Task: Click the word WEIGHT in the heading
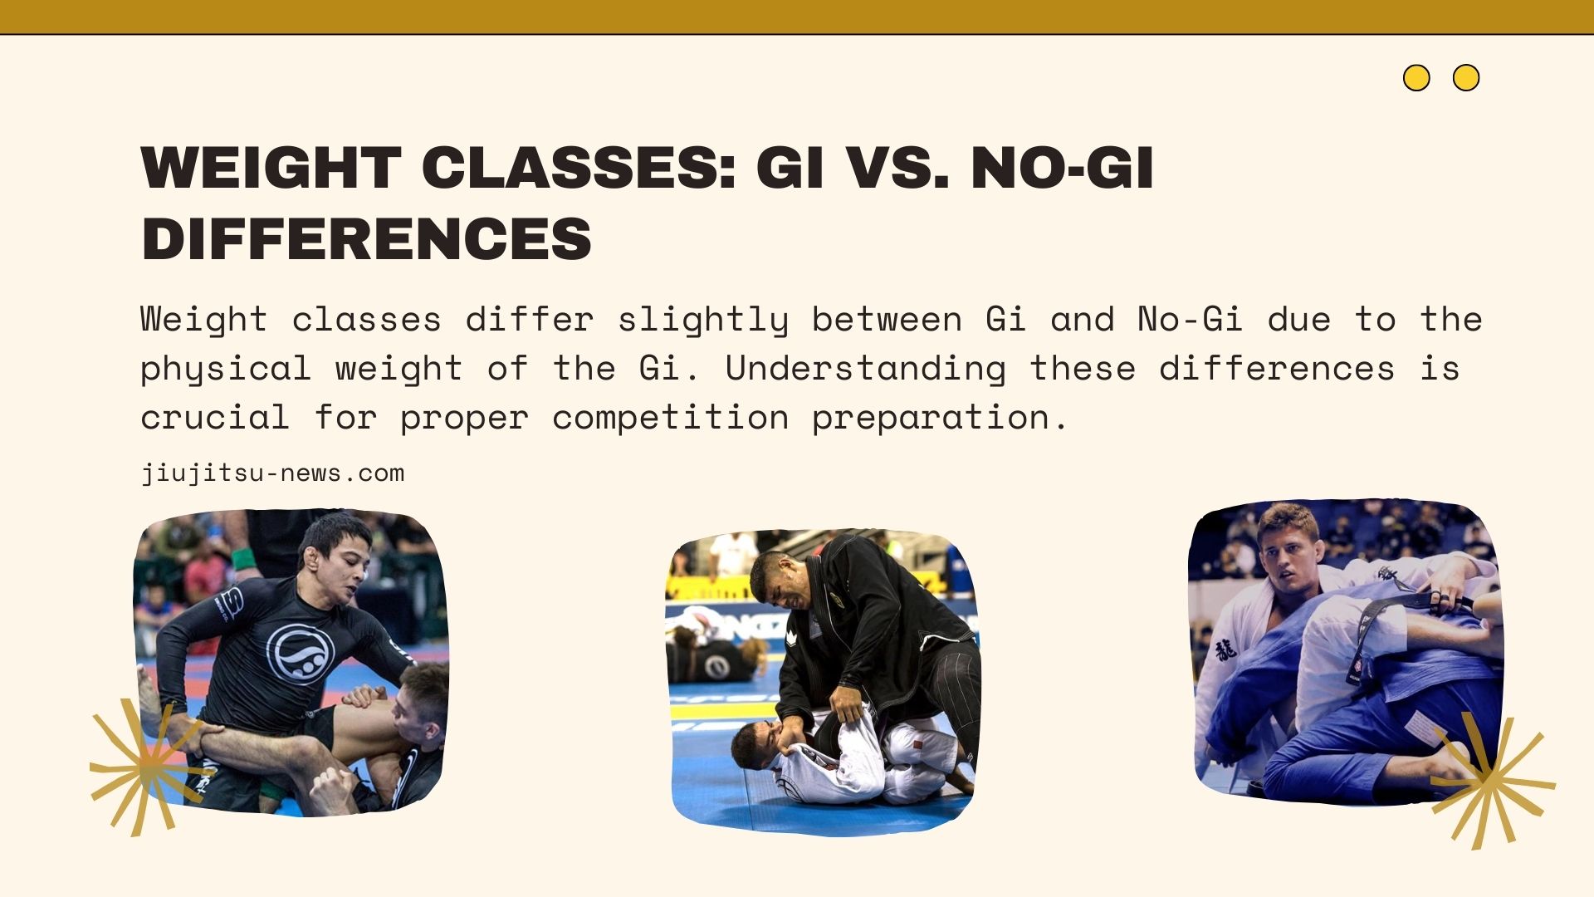click(x=271, y=168)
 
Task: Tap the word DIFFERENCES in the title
click(x=366, y=239)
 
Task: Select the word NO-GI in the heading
click(x=1062, y=168)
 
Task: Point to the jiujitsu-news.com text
click(x=272, y=473)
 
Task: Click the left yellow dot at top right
click(x=1416, y=78)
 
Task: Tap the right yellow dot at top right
click(x=1466, y=78)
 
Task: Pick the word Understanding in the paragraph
click(x=865, y=369)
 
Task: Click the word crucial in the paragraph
click(x=214, y=418)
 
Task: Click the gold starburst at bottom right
click(x=1490, y=781)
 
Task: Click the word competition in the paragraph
click(x=670, y=418)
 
